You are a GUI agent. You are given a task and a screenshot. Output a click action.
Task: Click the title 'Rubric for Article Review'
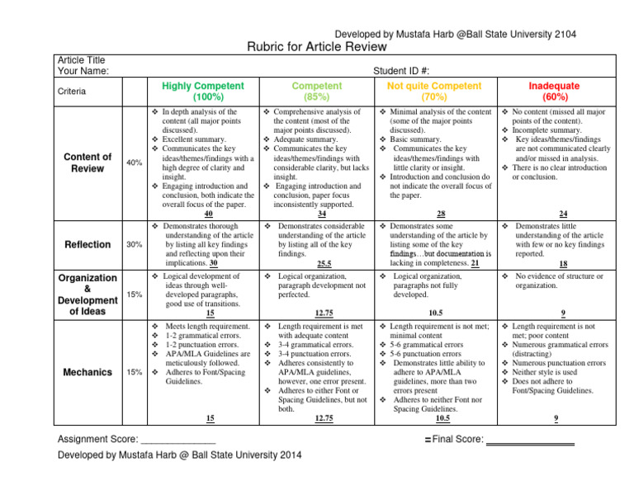point(317,48)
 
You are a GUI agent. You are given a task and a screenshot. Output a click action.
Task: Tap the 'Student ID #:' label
point(402,71)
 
